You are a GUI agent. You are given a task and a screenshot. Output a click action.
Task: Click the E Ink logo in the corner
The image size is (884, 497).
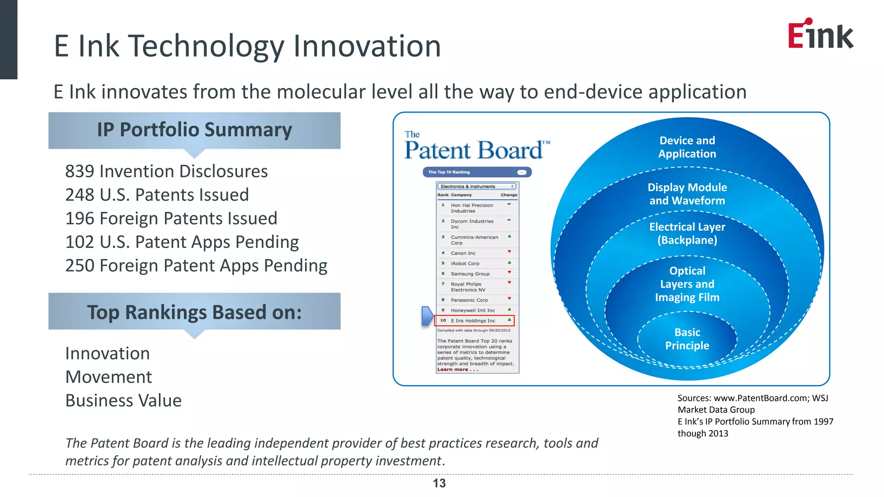820,35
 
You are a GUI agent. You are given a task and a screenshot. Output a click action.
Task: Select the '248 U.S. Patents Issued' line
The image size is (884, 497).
157,195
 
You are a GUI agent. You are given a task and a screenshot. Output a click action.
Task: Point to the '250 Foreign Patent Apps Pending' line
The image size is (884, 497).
196,266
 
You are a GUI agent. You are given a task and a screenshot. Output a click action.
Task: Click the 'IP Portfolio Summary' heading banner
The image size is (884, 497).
194,130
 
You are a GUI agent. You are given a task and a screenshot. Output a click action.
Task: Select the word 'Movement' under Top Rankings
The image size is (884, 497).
108,377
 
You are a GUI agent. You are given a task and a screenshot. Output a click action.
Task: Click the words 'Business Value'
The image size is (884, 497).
123,401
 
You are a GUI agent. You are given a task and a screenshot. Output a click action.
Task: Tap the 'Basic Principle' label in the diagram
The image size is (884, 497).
687,339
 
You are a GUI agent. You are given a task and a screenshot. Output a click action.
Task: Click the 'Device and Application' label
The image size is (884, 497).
687,147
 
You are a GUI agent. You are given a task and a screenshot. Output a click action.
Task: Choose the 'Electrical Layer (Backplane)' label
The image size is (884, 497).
687,233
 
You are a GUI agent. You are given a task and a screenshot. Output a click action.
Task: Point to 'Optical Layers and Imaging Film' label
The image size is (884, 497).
687,284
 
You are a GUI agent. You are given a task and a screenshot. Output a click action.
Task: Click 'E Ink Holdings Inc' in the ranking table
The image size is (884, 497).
473,321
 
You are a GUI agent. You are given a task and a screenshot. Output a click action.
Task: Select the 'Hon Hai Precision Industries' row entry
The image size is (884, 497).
471,208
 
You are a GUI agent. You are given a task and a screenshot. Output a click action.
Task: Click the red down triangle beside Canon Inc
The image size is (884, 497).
509,252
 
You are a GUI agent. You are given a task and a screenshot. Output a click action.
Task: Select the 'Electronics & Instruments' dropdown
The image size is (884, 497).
477,186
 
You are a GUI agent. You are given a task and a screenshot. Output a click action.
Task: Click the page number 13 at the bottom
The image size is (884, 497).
439,483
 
